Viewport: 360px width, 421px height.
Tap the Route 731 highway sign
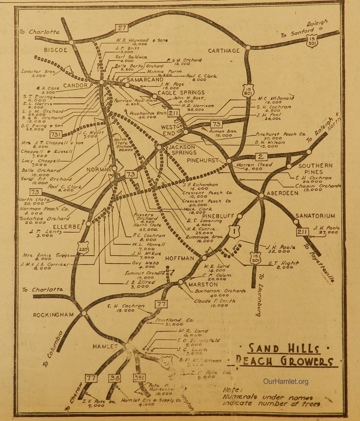point(57,135)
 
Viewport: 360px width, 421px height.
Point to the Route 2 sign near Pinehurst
point(260,157)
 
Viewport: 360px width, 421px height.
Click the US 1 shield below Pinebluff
point(234,233)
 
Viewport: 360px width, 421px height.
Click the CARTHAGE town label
point(224,51)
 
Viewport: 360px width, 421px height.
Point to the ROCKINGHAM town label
point(53,315)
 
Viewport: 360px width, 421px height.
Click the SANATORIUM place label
point(311,216)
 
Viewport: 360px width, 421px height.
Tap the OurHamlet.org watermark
point(285,381)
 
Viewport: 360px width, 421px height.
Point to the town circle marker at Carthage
point(248,47)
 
